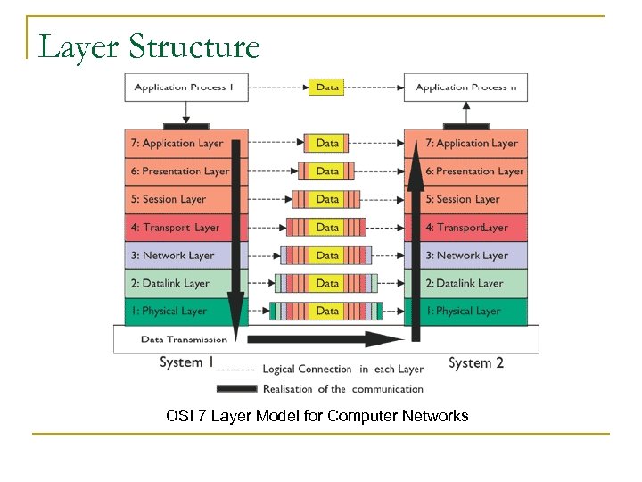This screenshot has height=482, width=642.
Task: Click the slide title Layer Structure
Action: click(149, 46)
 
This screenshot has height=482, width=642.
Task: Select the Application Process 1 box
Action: click(185, 87)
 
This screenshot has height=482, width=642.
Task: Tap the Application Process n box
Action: click(465, 87)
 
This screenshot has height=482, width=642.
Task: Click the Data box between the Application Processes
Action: click(327, 87)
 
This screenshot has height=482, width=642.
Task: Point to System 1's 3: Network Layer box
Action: click(178, 255)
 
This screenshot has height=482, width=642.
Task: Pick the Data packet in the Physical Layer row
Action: click(327, 312)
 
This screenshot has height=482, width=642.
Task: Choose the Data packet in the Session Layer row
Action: click(327, 199)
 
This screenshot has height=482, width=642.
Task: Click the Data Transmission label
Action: click(184, 339)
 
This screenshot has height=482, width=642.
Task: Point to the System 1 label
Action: click(186, 362)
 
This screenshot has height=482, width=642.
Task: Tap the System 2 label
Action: click(476, 362)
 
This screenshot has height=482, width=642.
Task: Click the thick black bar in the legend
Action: click(236, 388)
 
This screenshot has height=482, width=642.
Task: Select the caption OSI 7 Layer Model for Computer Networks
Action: click(317, 416)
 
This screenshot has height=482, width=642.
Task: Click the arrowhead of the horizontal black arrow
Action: click(390, 339)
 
